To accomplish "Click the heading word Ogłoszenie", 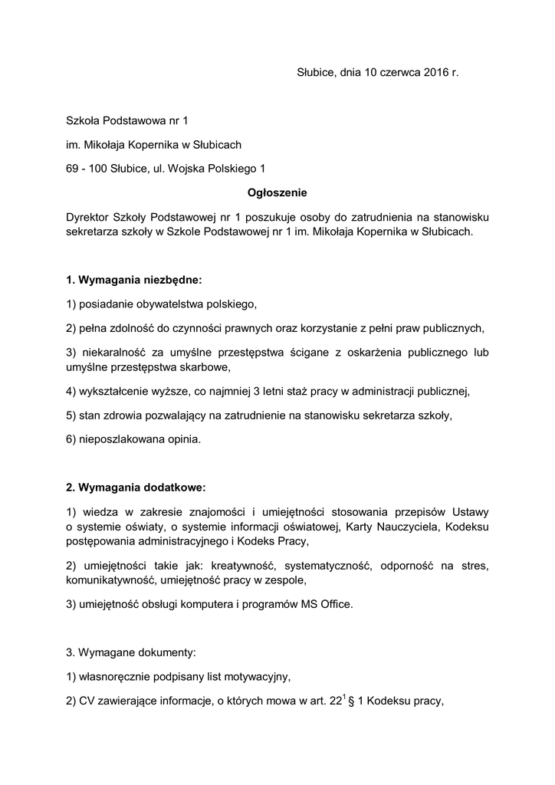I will pyautogui.click(x=277, y=192).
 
